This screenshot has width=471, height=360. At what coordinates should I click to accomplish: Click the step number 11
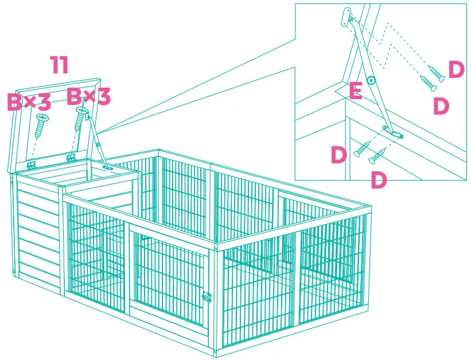coord(59,65)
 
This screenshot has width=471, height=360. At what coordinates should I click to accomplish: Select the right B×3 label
coord(88,97)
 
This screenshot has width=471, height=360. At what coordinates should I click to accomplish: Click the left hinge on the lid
coord(32,165)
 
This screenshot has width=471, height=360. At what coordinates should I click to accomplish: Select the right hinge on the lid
coord(71,156)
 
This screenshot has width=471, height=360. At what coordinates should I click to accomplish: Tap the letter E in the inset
coord(355,91)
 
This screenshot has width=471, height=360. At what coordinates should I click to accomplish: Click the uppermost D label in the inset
coord(456,70)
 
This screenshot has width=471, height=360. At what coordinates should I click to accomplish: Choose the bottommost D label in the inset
coord(379,179)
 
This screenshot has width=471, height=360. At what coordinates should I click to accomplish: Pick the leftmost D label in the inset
coord(339,155)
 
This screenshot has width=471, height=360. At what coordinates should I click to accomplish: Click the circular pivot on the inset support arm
coord(371,81)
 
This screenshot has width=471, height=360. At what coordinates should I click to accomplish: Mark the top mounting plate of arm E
coord(347,16)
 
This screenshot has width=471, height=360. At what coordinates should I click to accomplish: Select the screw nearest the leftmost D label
coord(361,149)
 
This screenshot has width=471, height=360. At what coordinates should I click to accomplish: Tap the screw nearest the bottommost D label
coord(377,155)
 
